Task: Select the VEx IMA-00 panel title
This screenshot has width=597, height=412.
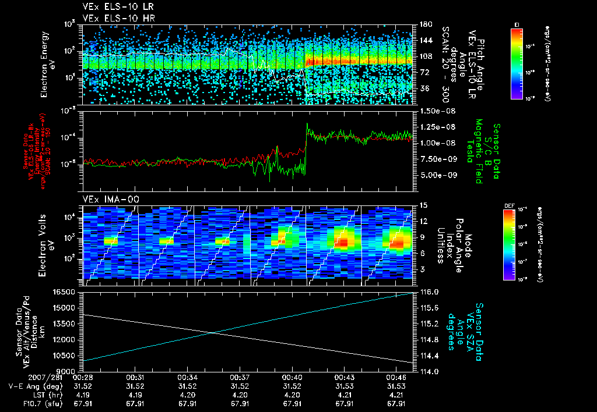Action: [106, 199]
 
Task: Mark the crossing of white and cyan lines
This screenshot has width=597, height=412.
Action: [212, 333]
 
